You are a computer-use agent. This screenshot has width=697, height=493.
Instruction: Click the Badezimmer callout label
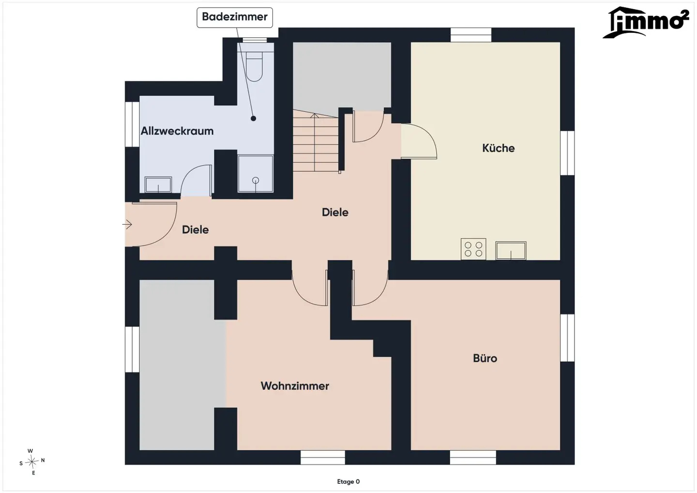coord(235,17)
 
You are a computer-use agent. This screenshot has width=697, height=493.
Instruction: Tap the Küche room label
coord(498,148)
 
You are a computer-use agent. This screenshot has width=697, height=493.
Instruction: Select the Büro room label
coord(485,358)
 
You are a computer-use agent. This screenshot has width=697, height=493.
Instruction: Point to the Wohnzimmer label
coord(295,386)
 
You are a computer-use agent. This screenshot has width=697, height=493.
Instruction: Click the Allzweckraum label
coord(177,131)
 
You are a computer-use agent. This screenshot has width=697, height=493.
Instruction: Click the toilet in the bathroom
coord(254,66)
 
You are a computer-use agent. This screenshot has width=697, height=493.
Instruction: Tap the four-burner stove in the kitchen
coord(473,249)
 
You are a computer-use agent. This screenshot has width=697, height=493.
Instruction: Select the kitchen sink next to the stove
coord(511,250)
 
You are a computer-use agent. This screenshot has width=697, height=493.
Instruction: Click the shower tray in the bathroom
coord(256,174)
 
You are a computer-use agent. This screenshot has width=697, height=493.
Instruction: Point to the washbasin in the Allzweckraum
coord(158,185)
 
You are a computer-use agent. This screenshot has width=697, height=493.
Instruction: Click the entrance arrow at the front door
coord(127,224)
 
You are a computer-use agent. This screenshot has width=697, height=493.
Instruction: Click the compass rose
coord(32,462)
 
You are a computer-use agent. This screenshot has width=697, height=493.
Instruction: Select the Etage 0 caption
coord(348,481)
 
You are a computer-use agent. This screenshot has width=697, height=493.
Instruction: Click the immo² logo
coord(645,22)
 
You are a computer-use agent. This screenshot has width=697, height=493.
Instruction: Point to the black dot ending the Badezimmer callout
coord(253,118)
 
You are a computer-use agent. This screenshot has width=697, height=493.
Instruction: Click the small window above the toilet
coord(255,40)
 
